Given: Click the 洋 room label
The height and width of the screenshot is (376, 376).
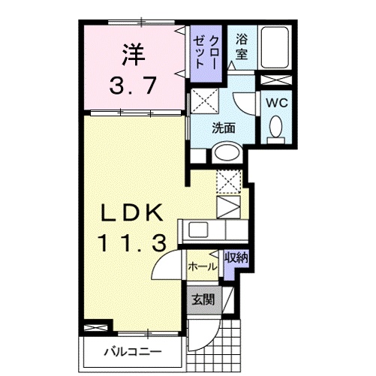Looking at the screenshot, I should (134, 55).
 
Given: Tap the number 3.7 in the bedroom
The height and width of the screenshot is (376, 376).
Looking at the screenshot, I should (132, 85).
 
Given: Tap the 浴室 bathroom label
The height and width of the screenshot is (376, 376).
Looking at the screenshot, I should (242, 47).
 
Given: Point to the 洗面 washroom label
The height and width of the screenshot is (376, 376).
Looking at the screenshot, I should (223, 128).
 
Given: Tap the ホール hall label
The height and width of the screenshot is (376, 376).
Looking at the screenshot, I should (202, 266).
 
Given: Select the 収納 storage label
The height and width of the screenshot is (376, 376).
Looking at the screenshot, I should (236, 257).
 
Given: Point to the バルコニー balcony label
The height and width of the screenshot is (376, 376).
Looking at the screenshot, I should (132, 351).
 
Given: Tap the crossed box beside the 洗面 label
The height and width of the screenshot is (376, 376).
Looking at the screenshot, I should (201, 101).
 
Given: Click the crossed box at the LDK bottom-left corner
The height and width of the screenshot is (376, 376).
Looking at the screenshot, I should (95, 327).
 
